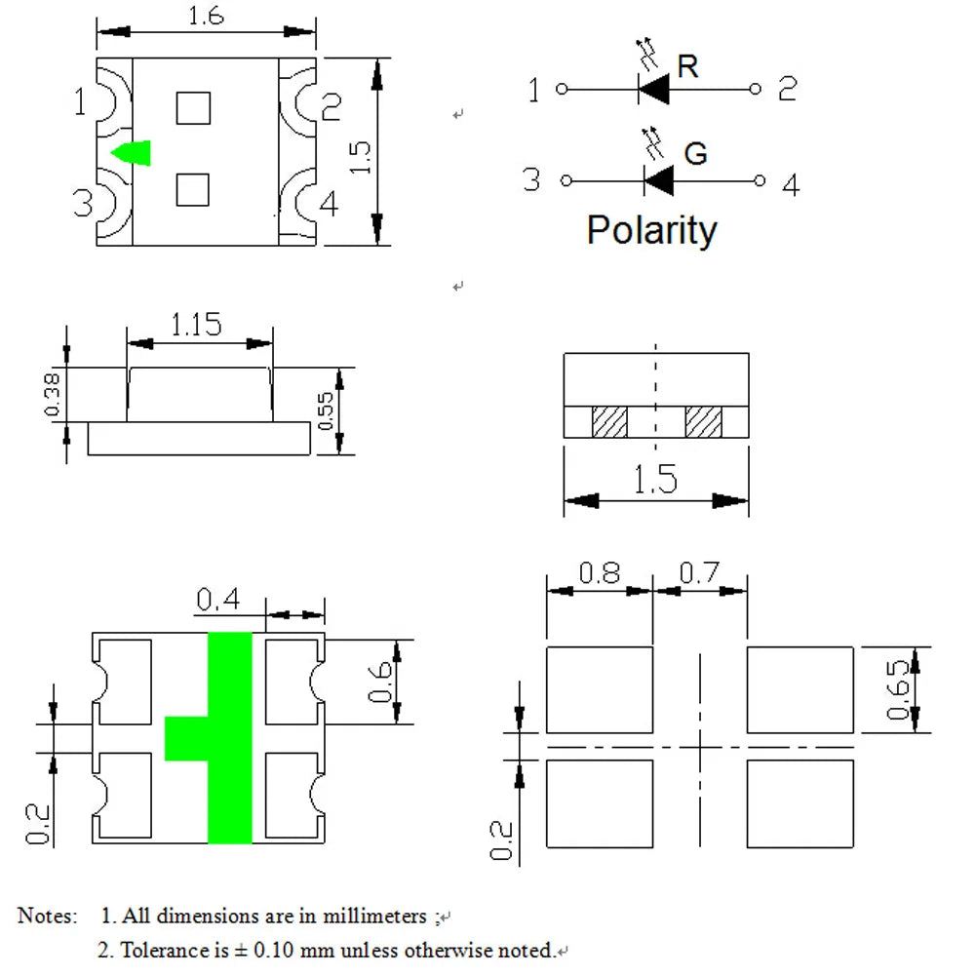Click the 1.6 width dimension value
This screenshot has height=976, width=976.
[206, 16]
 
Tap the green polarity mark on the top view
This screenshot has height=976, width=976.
[131, 153]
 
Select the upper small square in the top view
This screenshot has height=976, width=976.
[193, 108]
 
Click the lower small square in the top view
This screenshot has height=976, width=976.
[193, 190]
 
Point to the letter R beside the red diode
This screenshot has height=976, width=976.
[687, 66]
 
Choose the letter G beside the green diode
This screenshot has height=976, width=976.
[695, 154]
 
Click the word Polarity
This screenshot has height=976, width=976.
[651, 230]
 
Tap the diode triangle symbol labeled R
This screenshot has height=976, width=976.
[653, 89]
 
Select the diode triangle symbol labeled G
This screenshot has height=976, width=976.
[658, 180]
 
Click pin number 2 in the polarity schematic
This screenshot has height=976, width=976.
[788, 89]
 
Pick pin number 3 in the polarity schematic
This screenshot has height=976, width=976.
[531, 179]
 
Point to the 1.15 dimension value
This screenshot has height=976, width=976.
[196, 325]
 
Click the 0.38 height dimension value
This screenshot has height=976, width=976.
[53, 395]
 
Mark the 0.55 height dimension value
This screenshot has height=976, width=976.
[326, 410]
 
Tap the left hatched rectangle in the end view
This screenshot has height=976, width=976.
[609, 422]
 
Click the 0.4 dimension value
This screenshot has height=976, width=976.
[217, 600]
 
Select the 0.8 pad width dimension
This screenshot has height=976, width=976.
[600, 572]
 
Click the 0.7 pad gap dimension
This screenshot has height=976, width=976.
[699, 572]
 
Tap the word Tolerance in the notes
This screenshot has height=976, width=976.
[175, 950]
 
